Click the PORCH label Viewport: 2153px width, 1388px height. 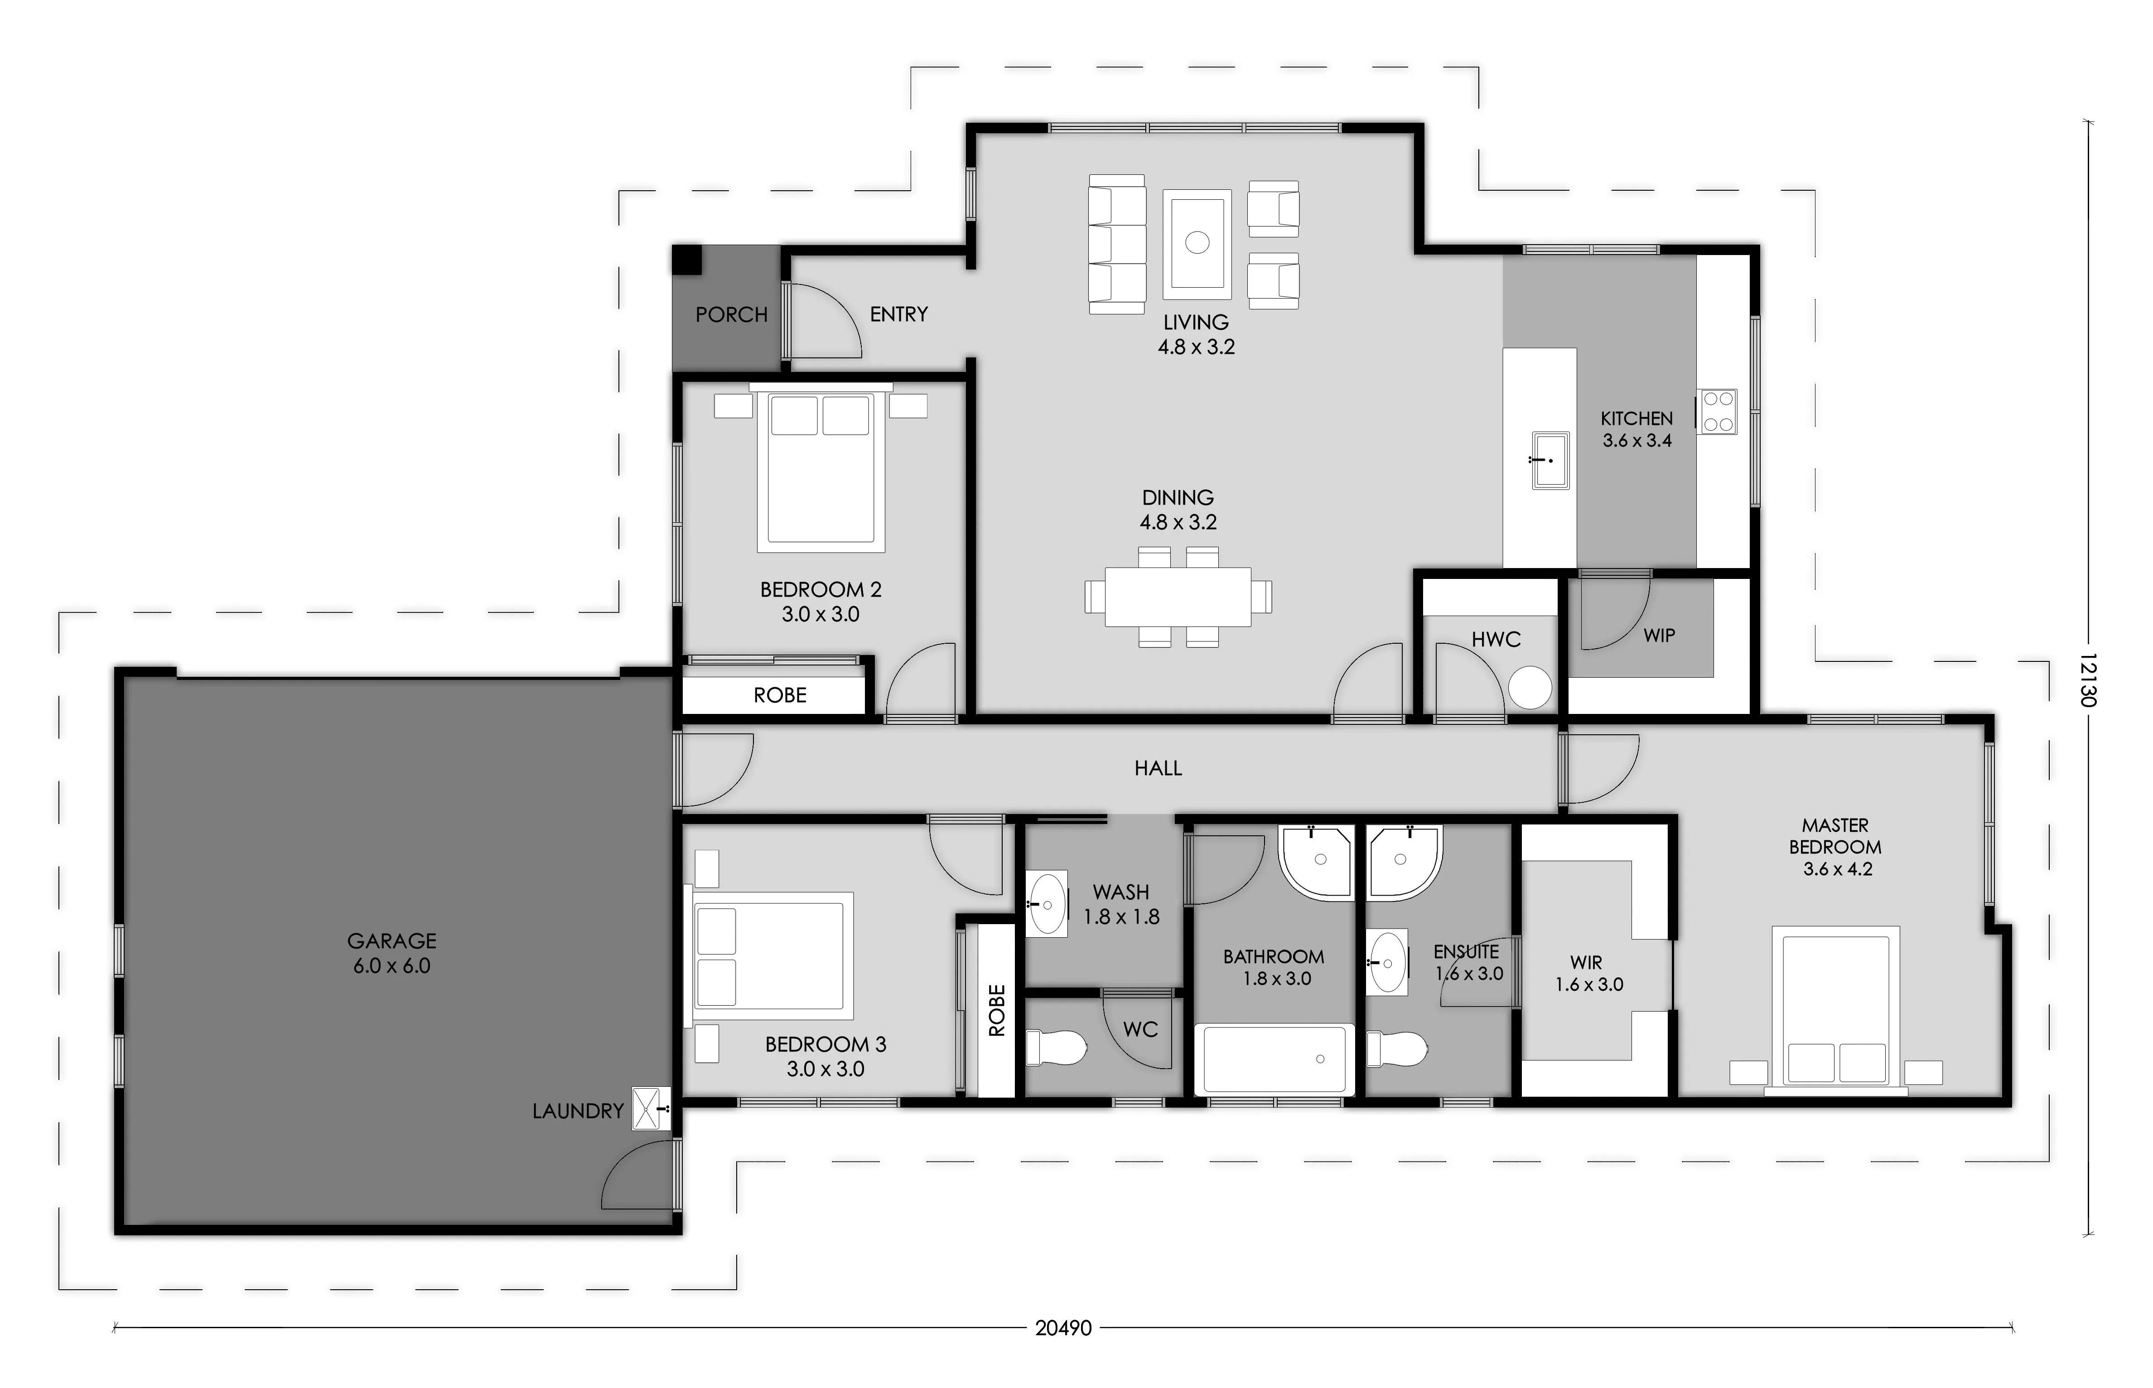(731, 314)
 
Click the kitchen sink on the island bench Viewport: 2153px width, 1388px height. (1550, 460)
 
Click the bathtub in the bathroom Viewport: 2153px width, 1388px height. (1274, 1059)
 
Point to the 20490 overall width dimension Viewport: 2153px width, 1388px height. (1063, 1328)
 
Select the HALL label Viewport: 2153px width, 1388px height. (1158, 768)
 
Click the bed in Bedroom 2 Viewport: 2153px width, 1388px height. (821, 469)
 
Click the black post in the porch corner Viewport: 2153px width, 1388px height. (689, 260)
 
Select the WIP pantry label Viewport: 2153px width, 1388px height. (1659, 636)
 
